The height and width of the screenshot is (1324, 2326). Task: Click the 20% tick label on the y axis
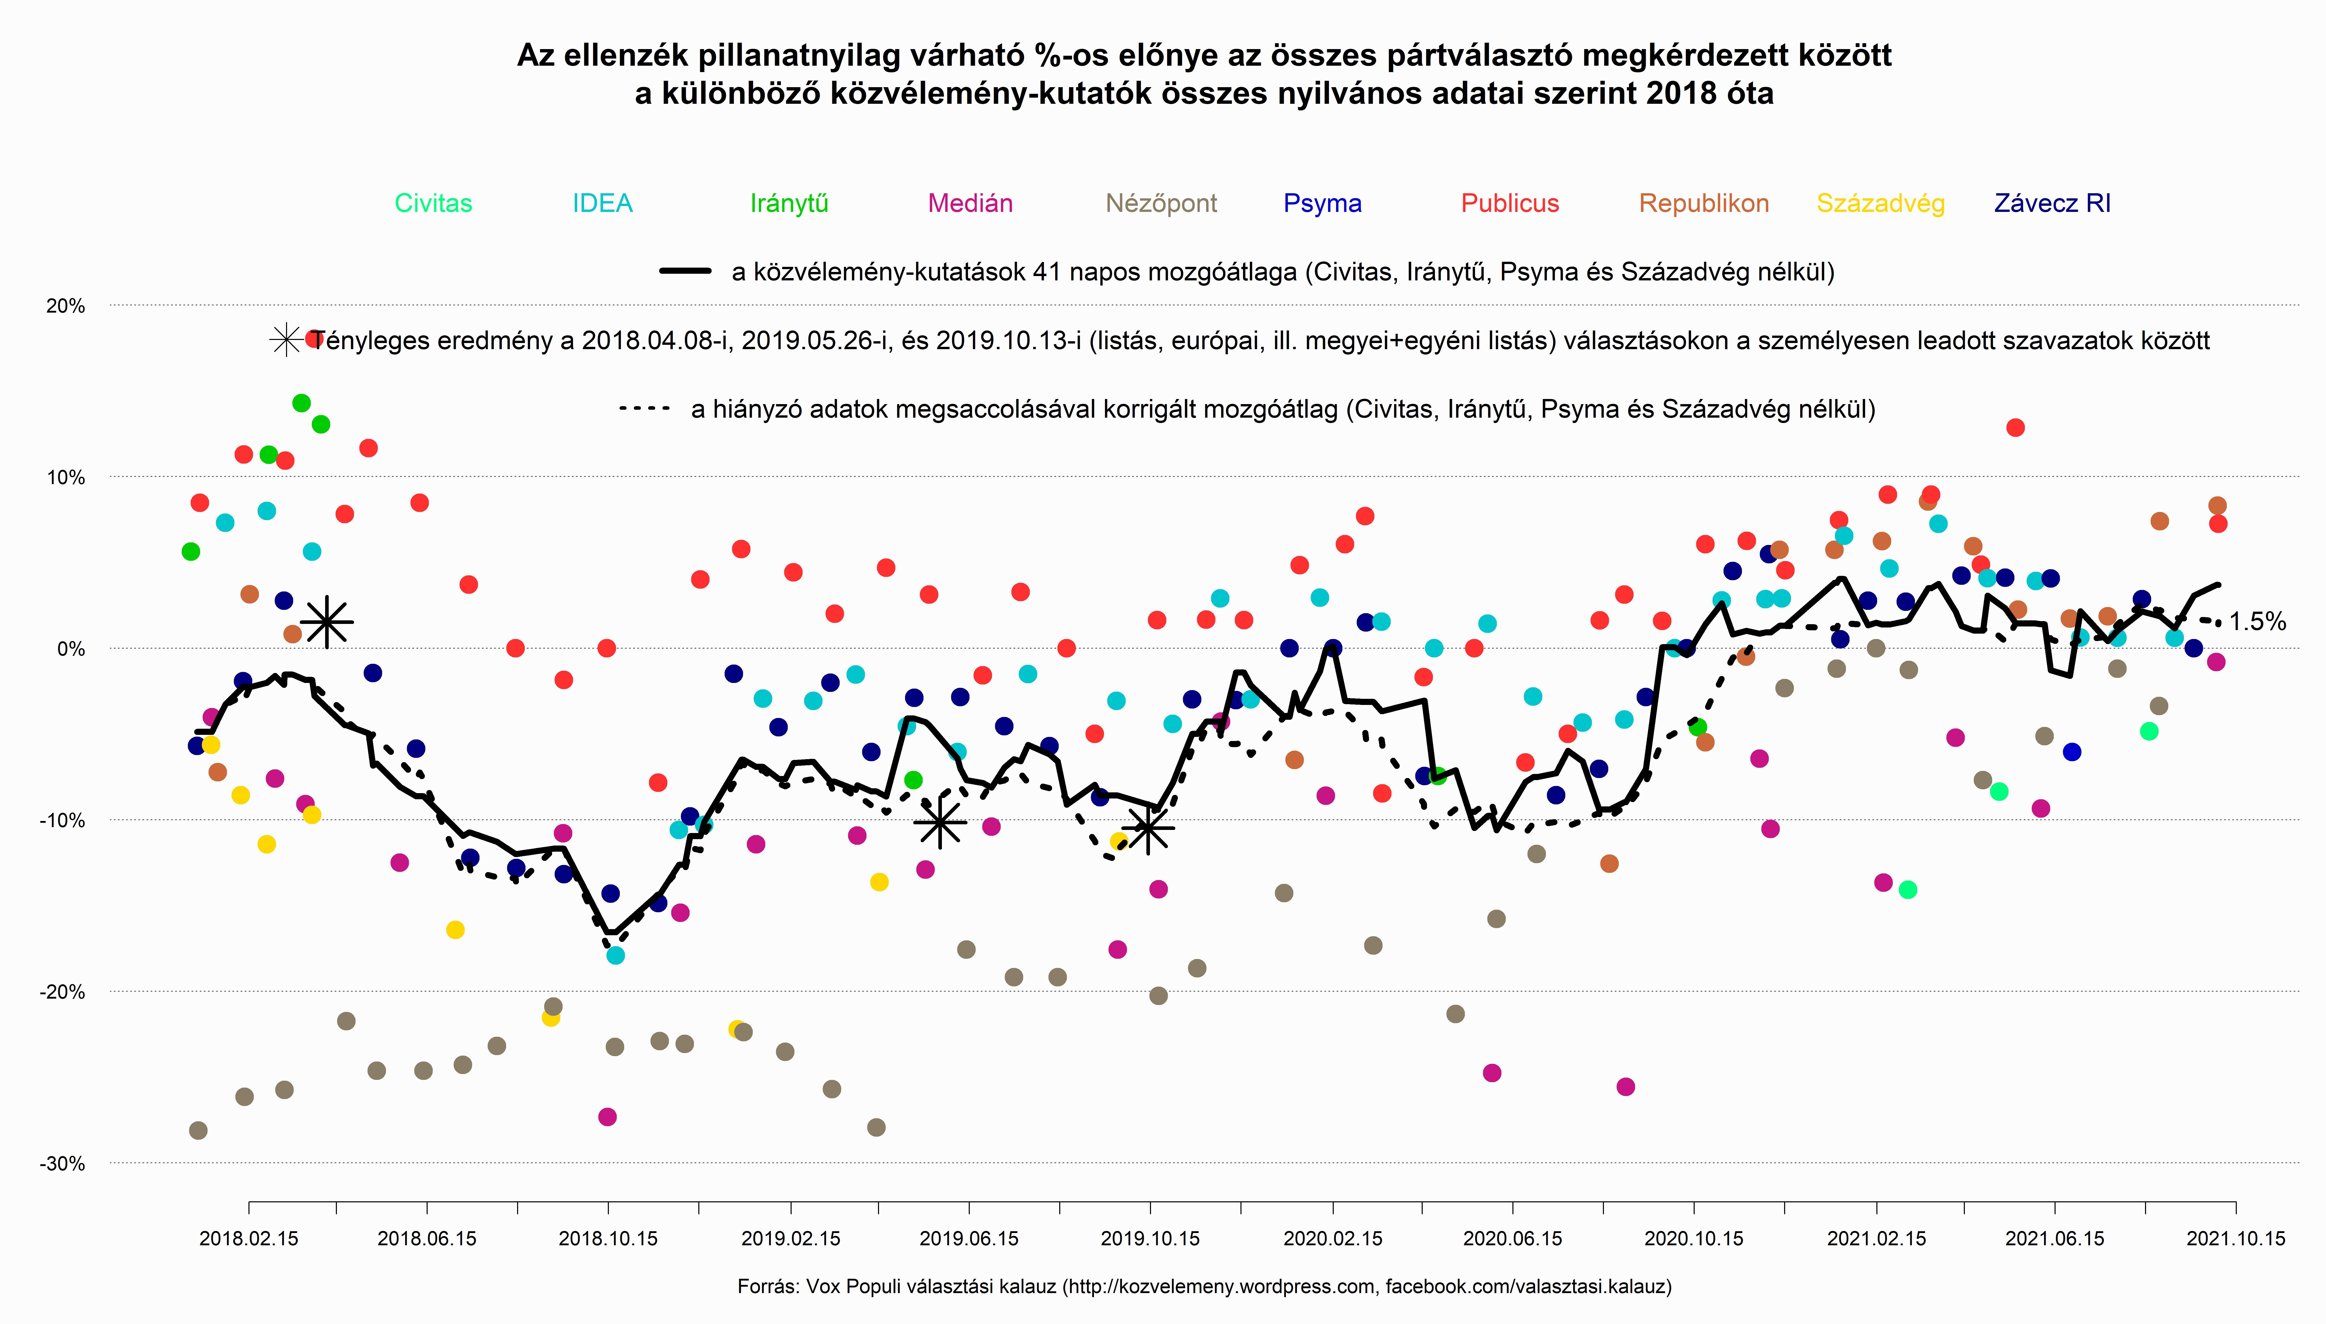[x=65, y=306]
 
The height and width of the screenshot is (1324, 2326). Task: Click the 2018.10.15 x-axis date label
[x=607, y=1239]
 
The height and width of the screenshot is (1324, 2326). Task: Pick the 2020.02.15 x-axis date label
[x=1332, y=1239]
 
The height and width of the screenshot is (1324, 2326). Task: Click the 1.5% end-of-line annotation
[x=2257, y=622]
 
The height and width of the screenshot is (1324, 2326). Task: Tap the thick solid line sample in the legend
[x=685, y=271]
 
